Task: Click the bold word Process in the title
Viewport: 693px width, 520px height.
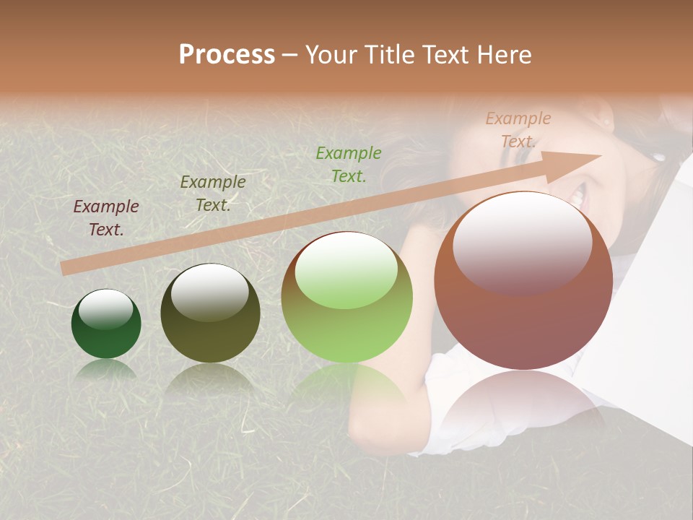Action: coord(227,55)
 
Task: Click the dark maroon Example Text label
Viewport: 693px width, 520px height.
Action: coord(106,218)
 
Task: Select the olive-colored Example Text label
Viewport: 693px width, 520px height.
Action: coord(213,194)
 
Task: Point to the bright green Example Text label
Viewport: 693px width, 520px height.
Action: coord(349,165)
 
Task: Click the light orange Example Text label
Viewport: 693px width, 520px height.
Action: coord(518,130)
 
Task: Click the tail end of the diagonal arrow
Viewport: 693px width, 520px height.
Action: coord(66,269)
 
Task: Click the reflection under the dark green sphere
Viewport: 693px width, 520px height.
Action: coord(106,370)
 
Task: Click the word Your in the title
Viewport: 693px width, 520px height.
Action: coord(331,55)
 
